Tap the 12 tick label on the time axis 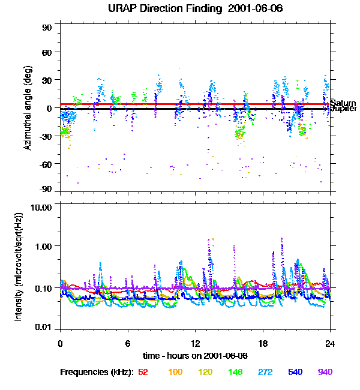[195, 343]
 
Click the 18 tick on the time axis [263, 343]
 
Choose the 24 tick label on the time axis [330, 343]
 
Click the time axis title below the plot [195, 356]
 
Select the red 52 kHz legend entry [143, 373]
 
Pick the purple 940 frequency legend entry [325, 373]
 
